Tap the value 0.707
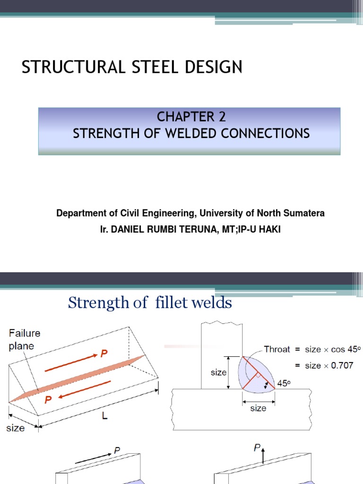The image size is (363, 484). [x=340, y=365]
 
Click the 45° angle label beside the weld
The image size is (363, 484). [x=283, y=384]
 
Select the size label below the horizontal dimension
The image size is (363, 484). [x=258, y=408]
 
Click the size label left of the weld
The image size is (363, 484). [x=219, y=372]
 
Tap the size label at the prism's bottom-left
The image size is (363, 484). [x=15, y=428]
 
